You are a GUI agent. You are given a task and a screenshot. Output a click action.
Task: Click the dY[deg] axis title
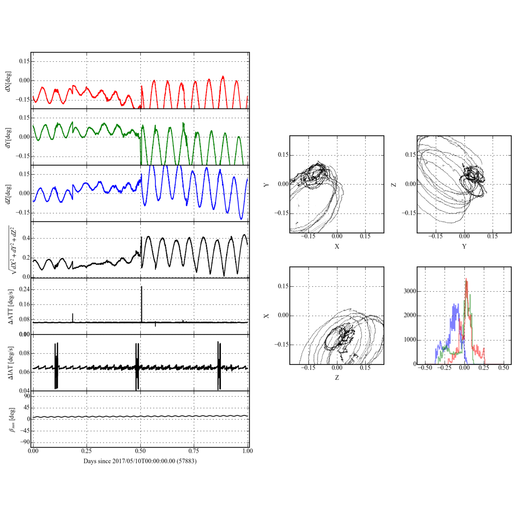pyautogui.click(x=9, y=138)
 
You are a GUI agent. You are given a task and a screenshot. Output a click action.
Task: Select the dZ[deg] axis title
pyautogui.click(x=9, y=194)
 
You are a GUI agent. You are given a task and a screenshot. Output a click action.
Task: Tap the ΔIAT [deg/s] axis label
pyautogui.click(x=11, y=363)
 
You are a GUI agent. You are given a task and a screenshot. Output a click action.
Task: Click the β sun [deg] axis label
pyautogui.click(x=12, y=420)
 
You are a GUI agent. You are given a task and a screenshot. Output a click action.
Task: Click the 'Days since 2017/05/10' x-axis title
pyautogui.click(x=140, y=461)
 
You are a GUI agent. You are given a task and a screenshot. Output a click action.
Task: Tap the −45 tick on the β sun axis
pyautogui.click(x=25, y=431)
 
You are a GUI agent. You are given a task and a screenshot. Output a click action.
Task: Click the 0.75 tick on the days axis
pyautogui.click(x=194, y=451)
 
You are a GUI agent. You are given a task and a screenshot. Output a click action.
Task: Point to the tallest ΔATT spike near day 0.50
pyautogui.click(x=142, y=288)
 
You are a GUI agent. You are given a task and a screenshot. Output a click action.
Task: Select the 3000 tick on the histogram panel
pyautogui.click(x=410, y=291)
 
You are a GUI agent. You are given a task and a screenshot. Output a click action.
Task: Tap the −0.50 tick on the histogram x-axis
pyautogui.click(x=425, y=368)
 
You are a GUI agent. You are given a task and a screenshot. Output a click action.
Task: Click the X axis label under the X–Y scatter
pyautogui.click(x=337, y=246)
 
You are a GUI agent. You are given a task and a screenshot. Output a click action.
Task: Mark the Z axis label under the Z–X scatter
pyautogui.click(x=337, y=378)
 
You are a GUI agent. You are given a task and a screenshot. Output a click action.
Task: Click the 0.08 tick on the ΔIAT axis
pyautogui.click(x=24, y=353)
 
